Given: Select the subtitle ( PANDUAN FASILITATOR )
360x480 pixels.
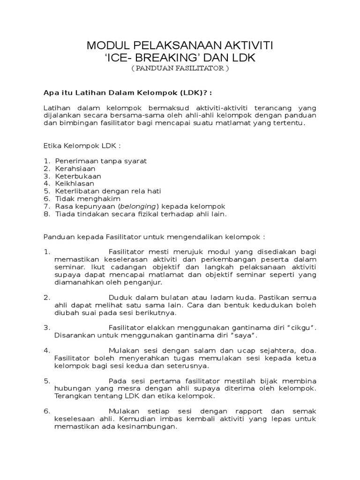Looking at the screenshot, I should click(180, 68).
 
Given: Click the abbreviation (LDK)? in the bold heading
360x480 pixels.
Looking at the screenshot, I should click(187, 91).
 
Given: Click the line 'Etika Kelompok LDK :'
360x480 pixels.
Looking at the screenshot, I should click(79, 146).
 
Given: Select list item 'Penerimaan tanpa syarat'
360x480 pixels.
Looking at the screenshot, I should click(101, 161).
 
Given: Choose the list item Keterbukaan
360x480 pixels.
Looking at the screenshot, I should click(78, 176).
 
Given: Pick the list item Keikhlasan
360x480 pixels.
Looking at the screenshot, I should click(75, 183).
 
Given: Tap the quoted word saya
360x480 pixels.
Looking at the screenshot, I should click(243, 336).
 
